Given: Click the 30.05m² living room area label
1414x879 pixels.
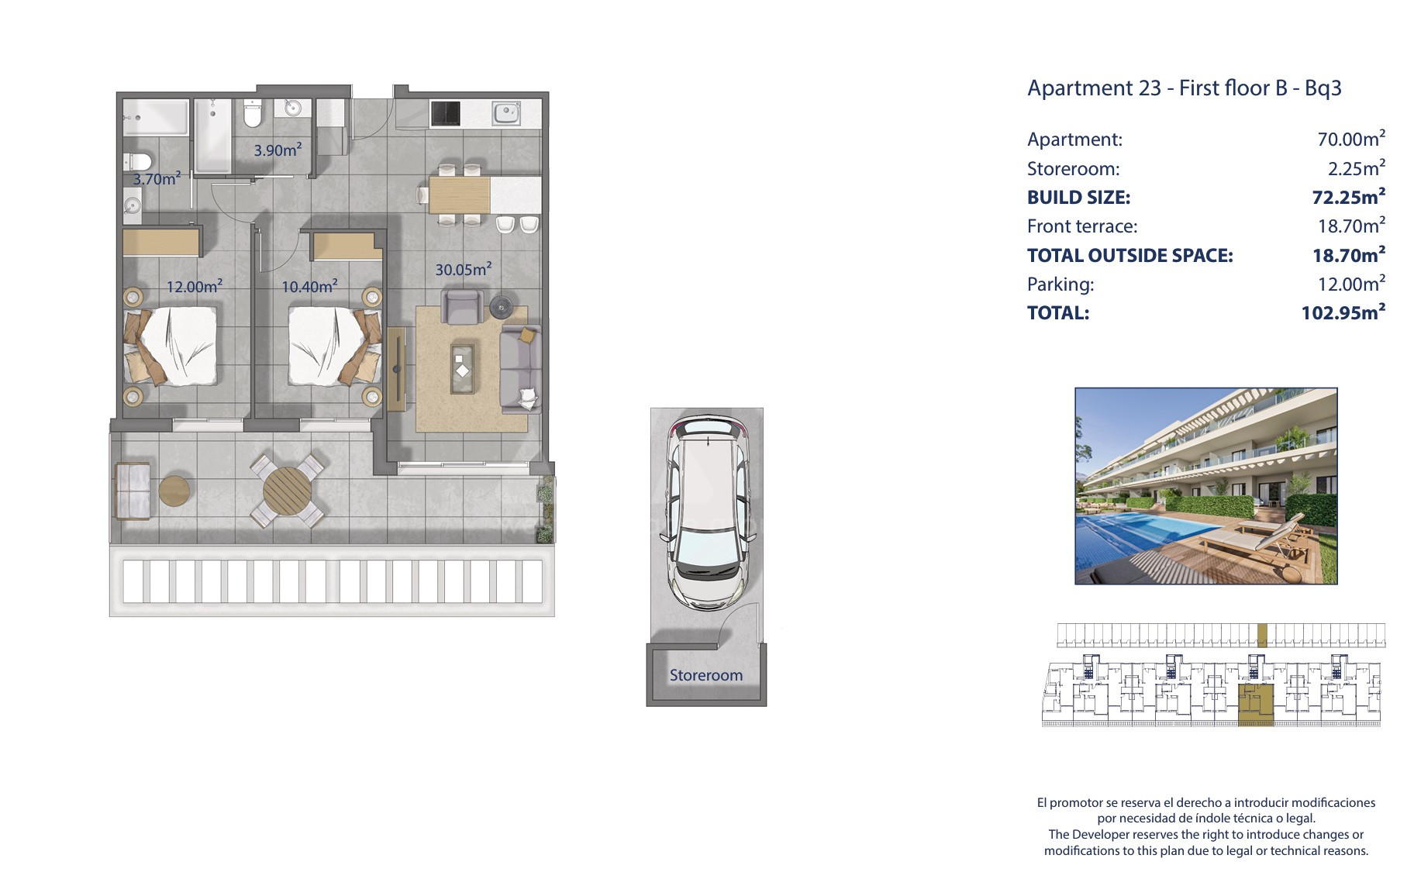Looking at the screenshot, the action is point(464,270).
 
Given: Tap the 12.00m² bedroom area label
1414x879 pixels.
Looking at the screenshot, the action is point(195,286).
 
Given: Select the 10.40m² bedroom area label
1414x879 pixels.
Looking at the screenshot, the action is point(309,286).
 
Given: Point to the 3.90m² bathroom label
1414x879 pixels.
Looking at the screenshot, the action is point(278,150).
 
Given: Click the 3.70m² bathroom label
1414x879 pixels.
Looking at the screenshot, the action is point(157,178).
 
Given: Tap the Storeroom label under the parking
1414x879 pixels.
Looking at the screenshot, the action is point(706,675).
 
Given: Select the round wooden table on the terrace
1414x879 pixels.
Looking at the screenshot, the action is point(287,491).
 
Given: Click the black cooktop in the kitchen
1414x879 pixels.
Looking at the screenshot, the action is point(445,114).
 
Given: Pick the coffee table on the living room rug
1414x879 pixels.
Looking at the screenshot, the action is point(463,369).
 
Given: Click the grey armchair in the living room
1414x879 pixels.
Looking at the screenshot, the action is point(463,306).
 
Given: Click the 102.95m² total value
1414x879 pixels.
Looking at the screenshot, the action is point(1343,312).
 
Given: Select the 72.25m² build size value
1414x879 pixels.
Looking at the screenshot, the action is point(1348,197).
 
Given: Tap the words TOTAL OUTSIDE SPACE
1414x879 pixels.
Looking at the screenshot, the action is point(1129,255).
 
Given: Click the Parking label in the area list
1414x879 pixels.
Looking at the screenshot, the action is point(1060,284).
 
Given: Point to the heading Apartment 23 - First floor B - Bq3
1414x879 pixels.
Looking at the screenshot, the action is point(1184,88).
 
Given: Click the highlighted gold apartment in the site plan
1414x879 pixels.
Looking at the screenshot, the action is point(1256,705).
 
